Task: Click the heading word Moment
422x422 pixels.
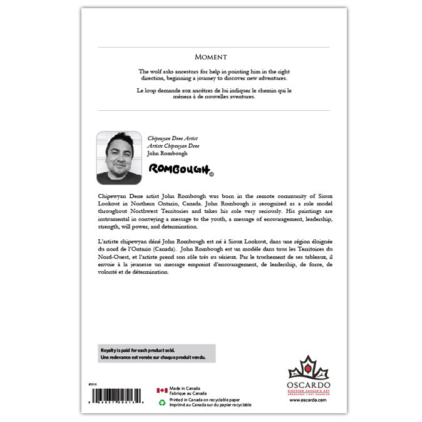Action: click(210, 57)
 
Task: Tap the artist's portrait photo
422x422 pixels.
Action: click(119, 157)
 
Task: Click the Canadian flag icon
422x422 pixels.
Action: click(162, 390)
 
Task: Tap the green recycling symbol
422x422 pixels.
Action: click(162, 403)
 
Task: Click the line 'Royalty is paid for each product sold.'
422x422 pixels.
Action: click(138, 349)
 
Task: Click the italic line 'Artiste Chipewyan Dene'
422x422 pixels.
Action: click(173, 145)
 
